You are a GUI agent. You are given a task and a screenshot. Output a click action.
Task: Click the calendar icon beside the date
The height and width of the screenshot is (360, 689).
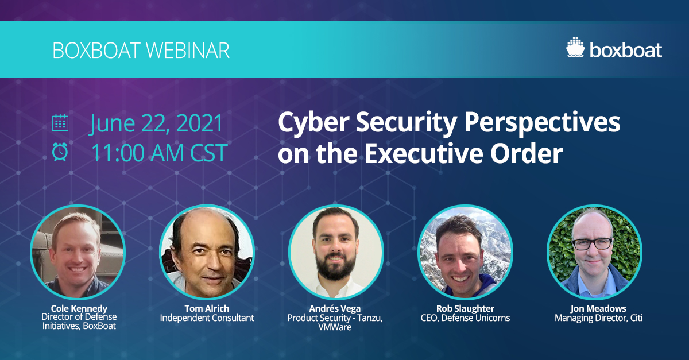click(60, 123)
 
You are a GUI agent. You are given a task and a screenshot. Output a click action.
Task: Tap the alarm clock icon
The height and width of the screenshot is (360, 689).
click(60, 152)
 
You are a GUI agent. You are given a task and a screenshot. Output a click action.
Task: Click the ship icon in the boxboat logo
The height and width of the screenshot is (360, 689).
click(575, 47)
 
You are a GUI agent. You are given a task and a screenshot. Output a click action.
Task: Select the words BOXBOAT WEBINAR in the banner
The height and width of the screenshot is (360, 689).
click(141, 50)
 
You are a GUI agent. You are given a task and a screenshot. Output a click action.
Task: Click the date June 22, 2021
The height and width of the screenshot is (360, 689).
click(156, 123)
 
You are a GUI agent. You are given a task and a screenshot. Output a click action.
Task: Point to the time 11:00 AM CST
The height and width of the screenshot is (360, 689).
click(160, 153)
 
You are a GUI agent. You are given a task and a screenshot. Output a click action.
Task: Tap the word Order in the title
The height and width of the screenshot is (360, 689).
click(527, 153)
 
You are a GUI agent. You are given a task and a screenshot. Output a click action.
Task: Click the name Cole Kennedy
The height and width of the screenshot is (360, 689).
click(79, 308)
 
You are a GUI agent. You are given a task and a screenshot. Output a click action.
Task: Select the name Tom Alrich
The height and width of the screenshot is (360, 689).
click(207, 308)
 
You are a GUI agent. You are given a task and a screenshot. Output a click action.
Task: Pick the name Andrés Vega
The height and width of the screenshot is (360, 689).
click(335, 308)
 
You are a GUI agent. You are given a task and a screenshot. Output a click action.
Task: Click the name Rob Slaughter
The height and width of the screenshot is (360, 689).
click(465, 308)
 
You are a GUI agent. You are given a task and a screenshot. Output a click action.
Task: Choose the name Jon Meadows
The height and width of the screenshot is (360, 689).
click(598, 308)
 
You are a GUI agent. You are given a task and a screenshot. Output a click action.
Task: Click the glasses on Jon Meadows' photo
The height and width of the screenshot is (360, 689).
click(592, 243)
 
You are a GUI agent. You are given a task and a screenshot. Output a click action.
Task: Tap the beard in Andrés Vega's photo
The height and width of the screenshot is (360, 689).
click(335, 267)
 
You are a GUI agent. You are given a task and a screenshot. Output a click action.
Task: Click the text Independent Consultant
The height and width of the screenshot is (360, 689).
click(207, 318)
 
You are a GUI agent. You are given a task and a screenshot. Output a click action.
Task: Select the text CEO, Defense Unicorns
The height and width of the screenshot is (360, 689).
click(465, 318)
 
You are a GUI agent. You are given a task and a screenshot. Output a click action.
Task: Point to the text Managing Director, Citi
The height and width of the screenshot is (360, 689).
click(598, 318)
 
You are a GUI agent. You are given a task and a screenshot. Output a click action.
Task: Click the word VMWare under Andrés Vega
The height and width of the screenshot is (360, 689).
click(335, 327)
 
